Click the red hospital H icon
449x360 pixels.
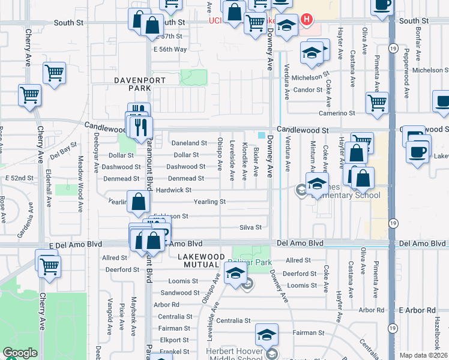[x=307, y=20]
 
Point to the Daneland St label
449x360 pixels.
[x=189, y=143]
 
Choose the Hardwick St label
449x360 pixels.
[x=173, y=190]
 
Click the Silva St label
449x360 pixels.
[x=251, y=227]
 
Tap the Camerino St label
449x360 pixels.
[x=337, y=113]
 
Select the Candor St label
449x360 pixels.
[x=308, y=90]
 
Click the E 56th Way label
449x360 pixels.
[x=170, y=49]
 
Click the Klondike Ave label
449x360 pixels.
[x=244, y=162]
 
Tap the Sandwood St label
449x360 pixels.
[x=176, y=293]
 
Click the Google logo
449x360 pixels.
[x=20, y=353]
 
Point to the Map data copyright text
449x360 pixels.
[x=423, y=355]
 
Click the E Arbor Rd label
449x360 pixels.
[x=417, y=310]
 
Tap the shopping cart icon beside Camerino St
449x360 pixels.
[x=377, y=103]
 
